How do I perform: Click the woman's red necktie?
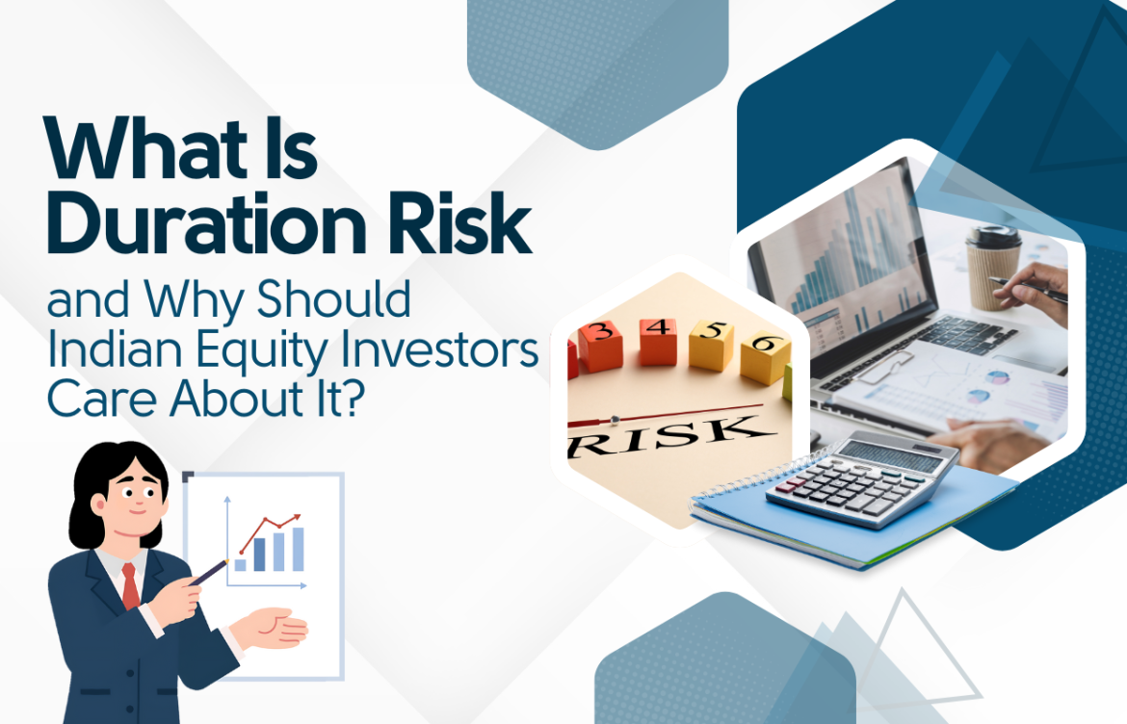[x=130, y=585]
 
